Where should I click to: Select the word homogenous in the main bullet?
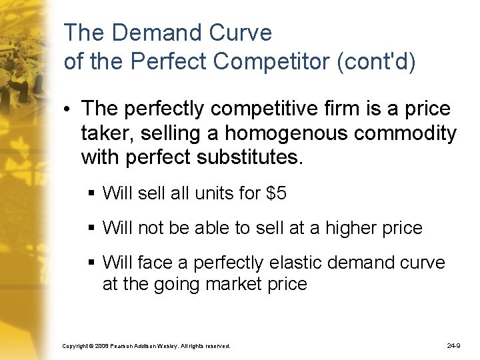point(289,133)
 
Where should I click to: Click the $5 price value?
point(276,193)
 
